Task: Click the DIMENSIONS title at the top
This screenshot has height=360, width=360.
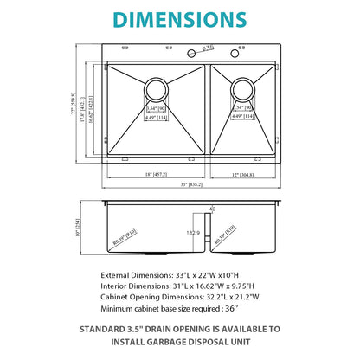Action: click(180, 18)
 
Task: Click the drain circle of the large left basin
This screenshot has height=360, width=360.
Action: click(157, 88)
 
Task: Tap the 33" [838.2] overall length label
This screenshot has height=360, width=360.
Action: click(179, 183)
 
